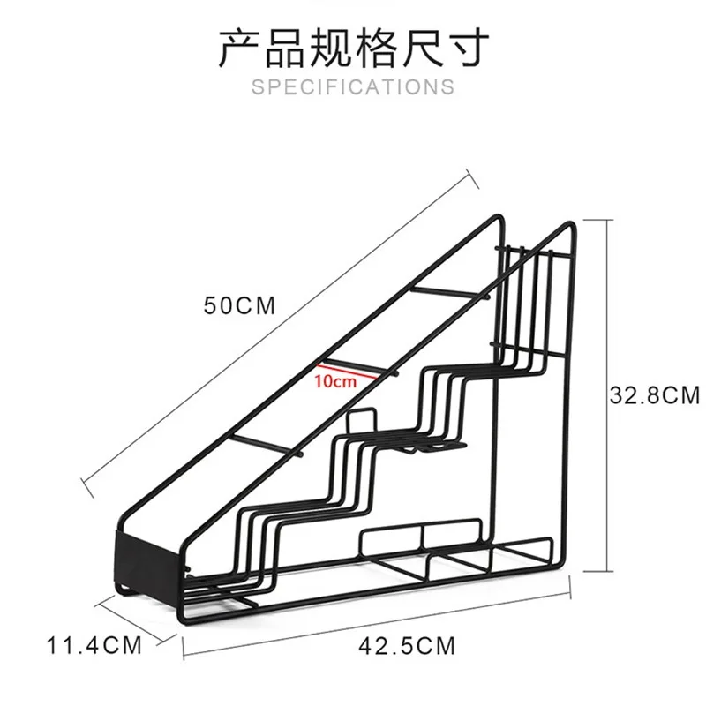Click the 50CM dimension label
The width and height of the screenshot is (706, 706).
239,305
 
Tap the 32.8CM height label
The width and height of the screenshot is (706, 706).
655,395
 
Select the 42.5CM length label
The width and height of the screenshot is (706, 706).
407,646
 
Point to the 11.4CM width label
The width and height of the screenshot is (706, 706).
94,645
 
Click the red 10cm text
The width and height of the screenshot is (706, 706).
335,381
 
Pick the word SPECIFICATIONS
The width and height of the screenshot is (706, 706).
353,86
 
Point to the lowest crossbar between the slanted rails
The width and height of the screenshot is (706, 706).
267,446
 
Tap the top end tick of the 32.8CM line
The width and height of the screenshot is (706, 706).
597,220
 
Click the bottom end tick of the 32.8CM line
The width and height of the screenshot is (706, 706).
597,571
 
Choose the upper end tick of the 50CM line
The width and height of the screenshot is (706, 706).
472,179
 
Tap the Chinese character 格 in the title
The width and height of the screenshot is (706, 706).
376,48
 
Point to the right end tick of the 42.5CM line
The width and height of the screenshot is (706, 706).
570,587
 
